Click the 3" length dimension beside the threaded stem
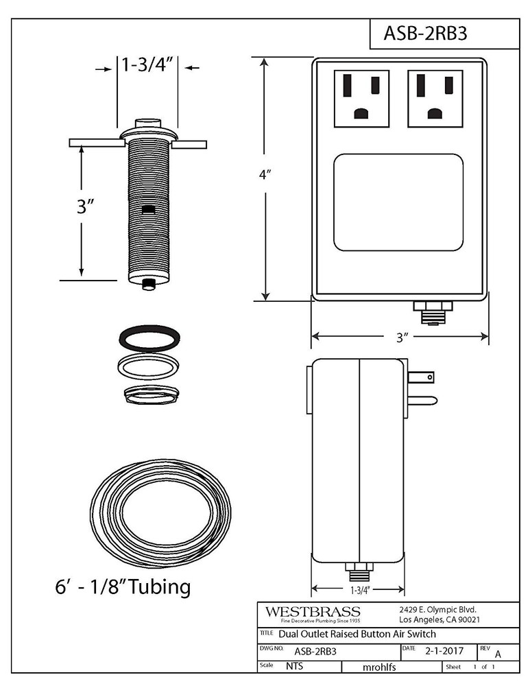(x=85, y=206)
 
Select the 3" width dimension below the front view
(x=401, y=337)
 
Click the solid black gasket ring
(x=149, y=338)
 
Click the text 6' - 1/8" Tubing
(x=123, y=587)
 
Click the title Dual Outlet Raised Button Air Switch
(x=357, y=633)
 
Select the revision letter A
(x=498, y=653)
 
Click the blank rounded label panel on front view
(x=398, y=202)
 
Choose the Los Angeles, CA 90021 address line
(x=439, y=619)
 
